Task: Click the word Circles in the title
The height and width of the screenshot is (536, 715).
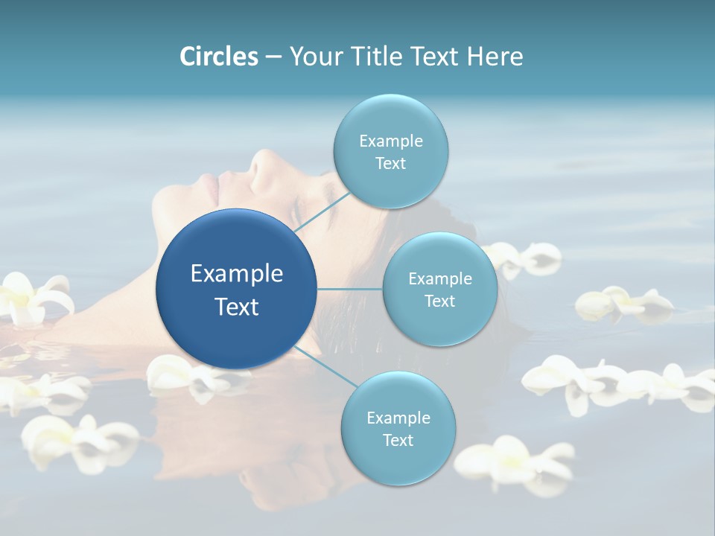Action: point(219,57)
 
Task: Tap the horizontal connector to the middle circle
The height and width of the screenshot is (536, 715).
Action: point(350,289)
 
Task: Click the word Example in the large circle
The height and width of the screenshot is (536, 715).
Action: point(237,274)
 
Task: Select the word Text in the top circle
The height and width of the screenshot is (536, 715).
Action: point(390,164)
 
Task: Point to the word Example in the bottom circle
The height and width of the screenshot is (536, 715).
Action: point(398,418)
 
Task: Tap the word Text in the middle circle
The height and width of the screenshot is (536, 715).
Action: point(439,301)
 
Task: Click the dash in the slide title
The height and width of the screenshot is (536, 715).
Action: point(273,57)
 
